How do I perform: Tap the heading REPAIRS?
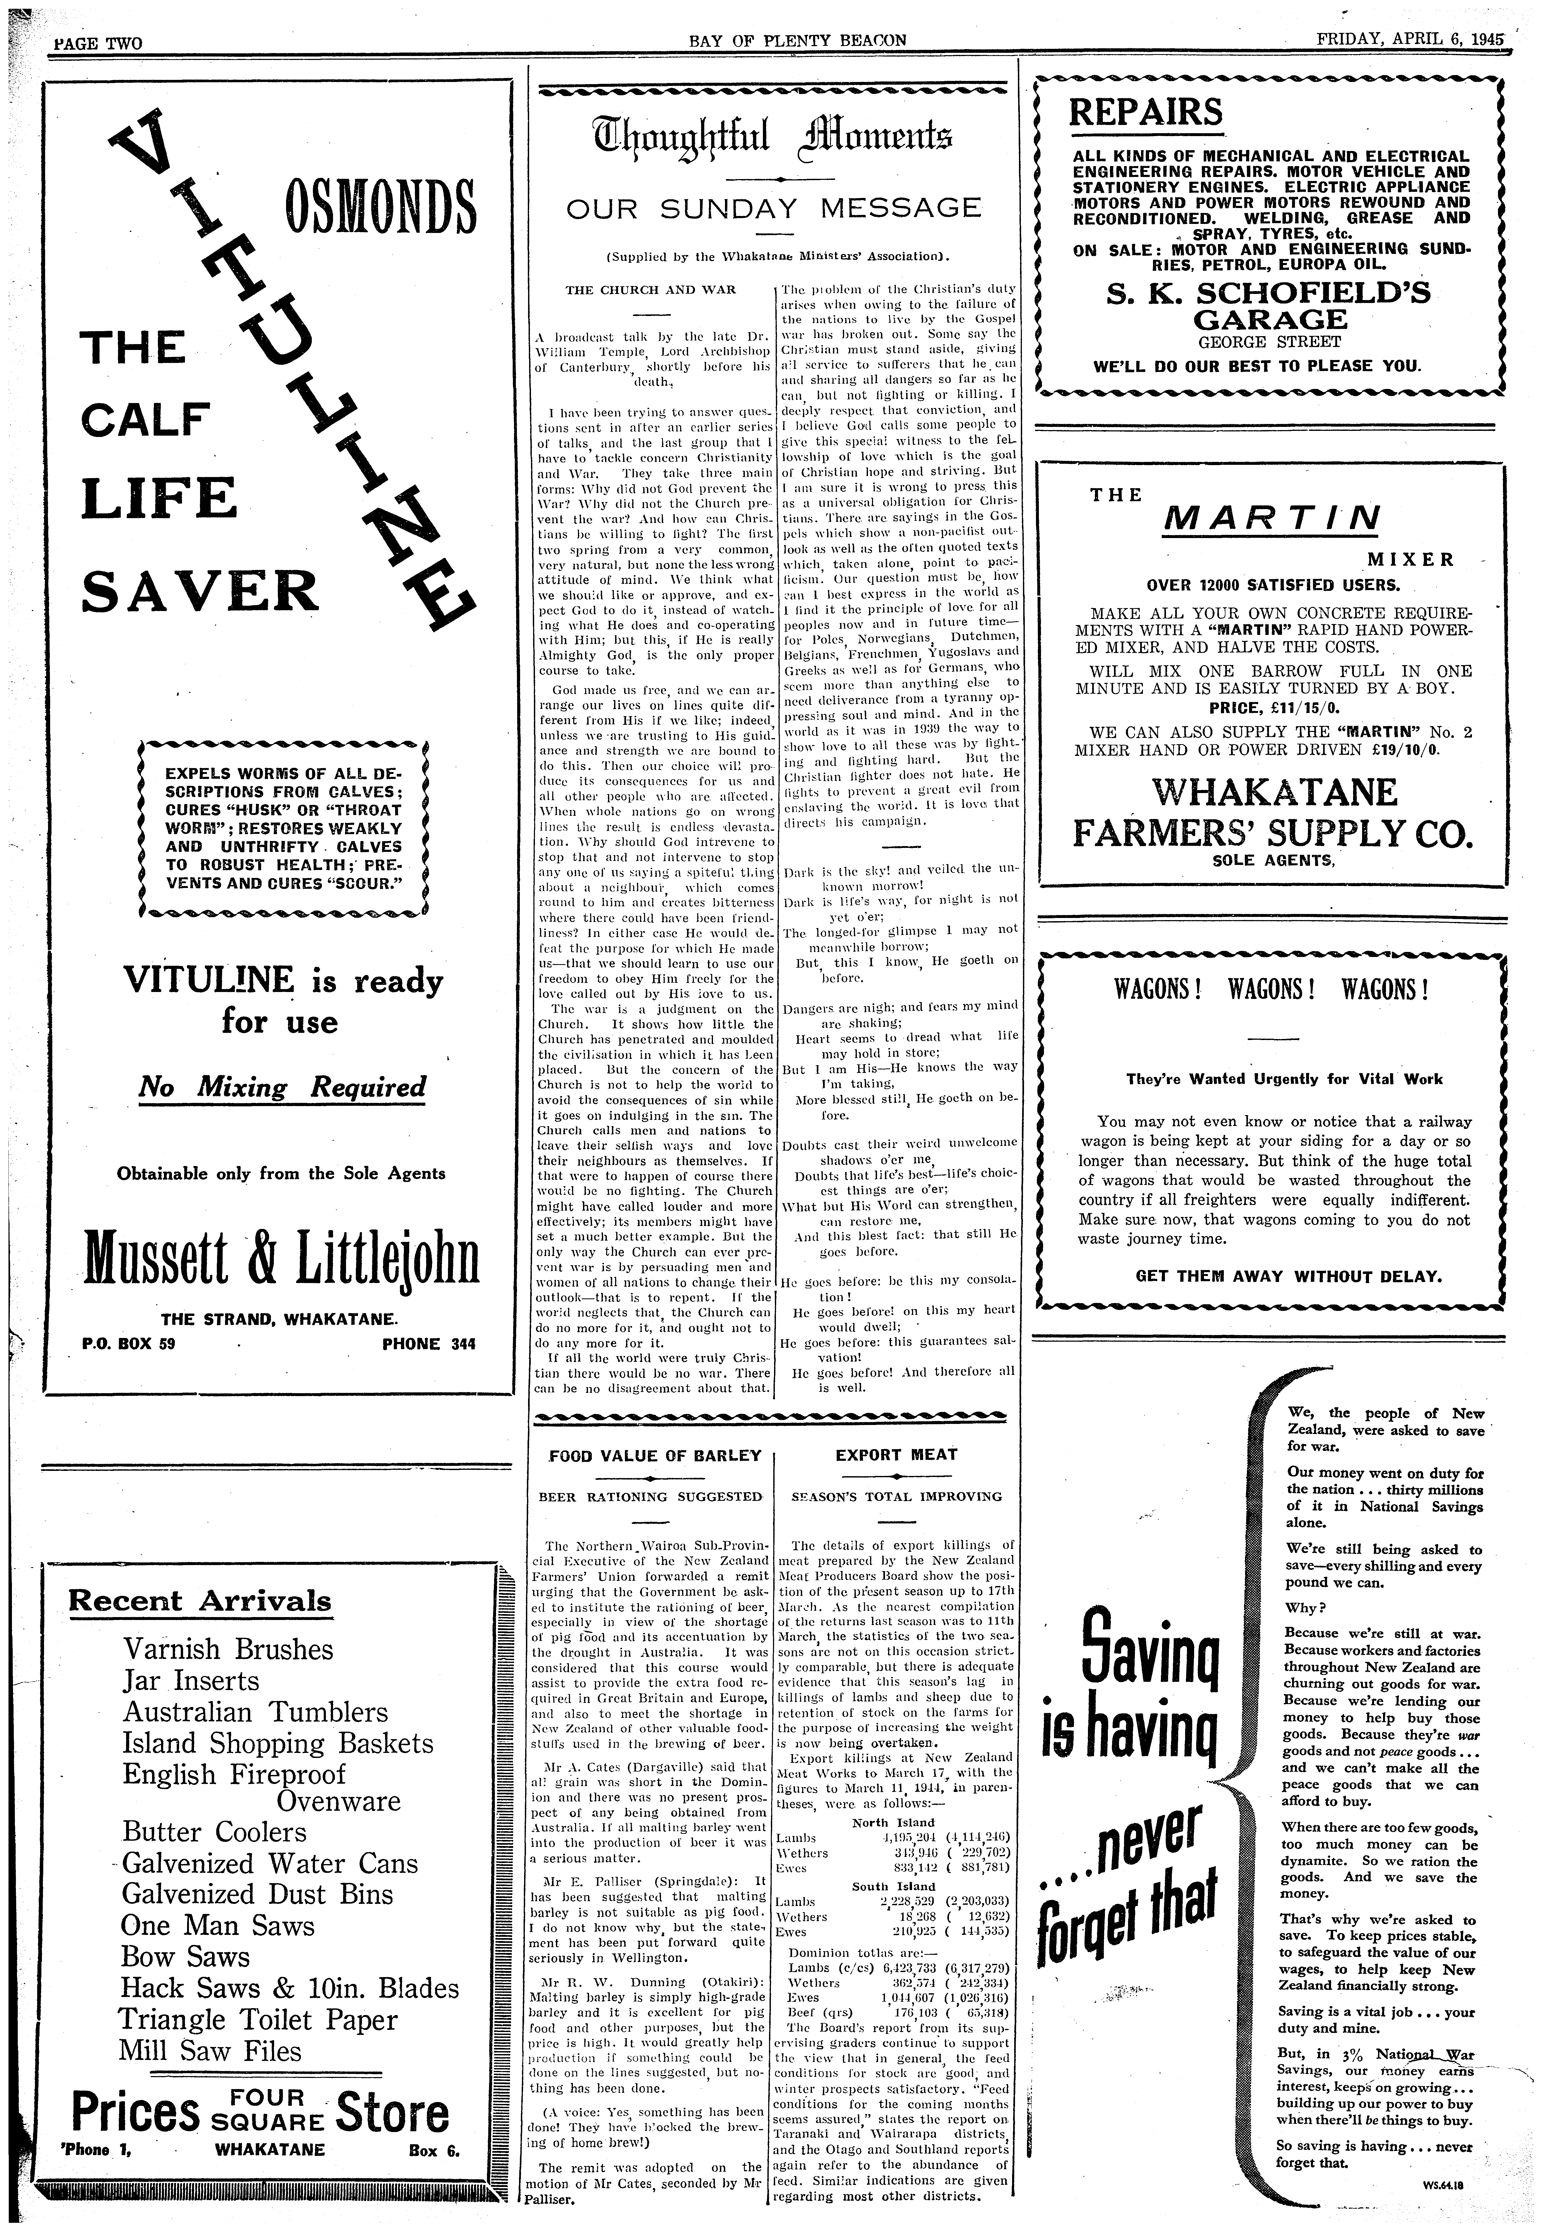[1145, 113]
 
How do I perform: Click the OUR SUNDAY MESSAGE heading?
[773, 208]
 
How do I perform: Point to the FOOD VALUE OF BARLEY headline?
[655, 1455]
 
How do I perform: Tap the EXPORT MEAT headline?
[896, 1454]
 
